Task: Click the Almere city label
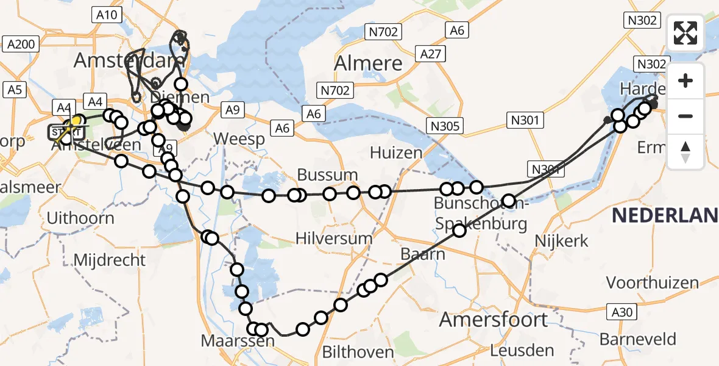click(369, 63)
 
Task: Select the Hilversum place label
click(333, 238)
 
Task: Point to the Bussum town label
click(327, 175)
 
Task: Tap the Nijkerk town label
click(561, 241)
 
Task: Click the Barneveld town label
click(638, 339)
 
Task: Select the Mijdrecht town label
click(110, 260)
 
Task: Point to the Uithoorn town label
click(81, 218)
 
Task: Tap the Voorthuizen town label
click(652, 283)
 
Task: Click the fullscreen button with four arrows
click(685, 33)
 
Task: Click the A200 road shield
click(21, 44)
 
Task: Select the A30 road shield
click(622, 312)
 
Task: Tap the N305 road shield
click(446, 126)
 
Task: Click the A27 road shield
click(430, 54)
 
